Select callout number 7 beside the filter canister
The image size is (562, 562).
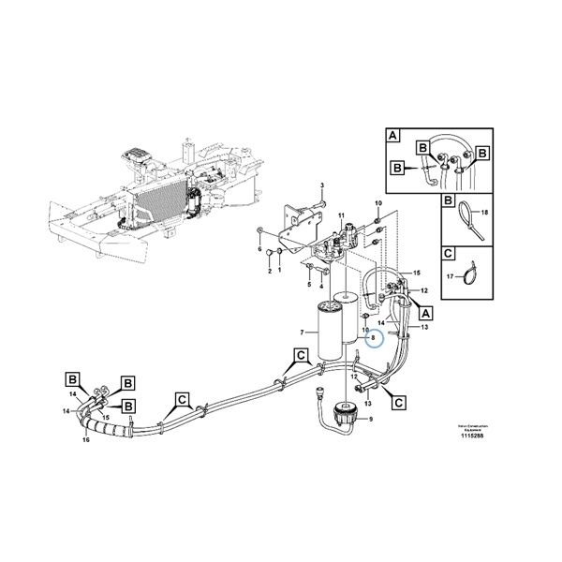point(302,333)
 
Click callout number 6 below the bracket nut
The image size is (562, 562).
point(259,249)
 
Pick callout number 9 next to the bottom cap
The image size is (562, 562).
point(370,419)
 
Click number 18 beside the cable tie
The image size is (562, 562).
point(484,214)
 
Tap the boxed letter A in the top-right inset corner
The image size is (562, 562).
point(393,137)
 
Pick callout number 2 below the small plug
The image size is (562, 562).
point(269,271)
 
